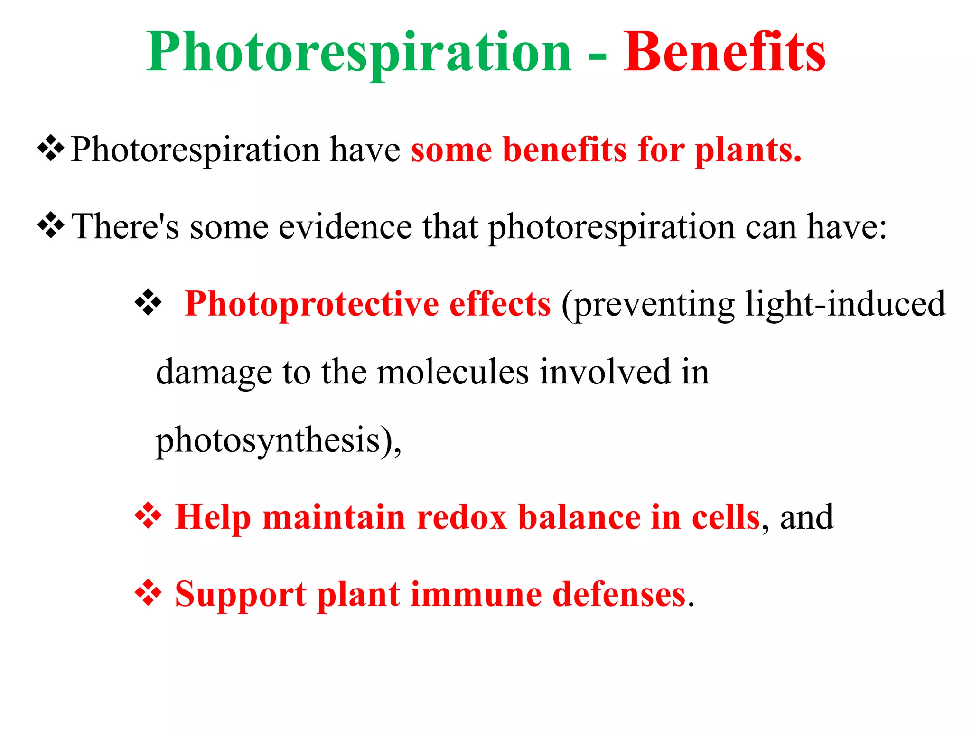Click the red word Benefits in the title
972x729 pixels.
(724, 52)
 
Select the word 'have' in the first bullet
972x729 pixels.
(365, 150)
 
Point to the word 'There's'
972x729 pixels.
(125, 227)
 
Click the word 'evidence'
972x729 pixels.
(345, 227)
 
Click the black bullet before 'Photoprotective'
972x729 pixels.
(148, 302)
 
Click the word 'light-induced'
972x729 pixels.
(845, 304)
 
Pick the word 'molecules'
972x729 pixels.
(453, 372)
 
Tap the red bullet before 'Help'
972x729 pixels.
(148, 516)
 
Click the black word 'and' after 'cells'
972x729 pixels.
(806, 517)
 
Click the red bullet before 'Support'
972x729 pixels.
(148, 593)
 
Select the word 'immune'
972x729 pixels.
(476, 594)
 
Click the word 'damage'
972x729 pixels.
(214, 373)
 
